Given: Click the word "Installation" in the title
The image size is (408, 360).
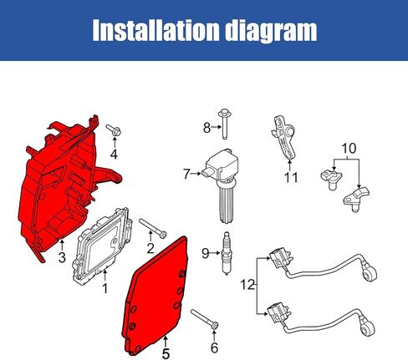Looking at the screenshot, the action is click(x=156, y=30).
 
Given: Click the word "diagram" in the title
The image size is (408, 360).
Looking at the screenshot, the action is click(x=271, y=31).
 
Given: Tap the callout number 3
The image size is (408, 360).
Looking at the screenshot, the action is click(x=62, y=257).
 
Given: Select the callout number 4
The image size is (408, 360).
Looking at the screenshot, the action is click(x=114, y=154).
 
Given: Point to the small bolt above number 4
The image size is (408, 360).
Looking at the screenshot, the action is click(x=114, y=129).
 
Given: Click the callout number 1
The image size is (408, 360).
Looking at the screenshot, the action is click(x=105, y=288).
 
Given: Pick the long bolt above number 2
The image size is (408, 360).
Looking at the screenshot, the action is click(x=152, y=228).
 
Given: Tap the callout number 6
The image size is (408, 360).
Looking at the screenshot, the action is click(x=214, y=347).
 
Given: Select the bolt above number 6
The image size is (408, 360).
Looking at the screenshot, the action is click(x=205, y=320).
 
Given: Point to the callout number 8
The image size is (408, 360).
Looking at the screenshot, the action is click(x=207, y=128).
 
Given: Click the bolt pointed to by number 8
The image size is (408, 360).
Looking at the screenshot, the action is click(x=224, y=124).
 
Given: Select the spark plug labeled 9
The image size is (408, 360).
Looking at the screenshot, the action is click(x=227, y=253).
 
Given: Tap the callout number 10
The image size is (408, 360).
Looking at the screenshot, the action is click(x=349, y=149).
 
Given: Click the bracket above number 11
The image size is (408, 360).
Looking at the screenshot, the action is click(x=284, y=138).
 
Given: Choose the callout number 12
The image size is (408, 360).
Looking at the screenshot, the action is click(x=247, y=285).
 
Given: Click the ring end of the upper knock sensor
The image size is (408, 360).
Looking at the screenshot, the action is click(x=371, y=273).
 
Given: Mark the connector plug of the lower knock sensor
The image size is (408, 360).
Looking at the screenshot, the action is click(x=278, y=312).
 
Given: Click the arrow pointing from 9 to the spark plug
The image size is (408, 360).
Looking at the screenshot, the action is click(x=215, y=253).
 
